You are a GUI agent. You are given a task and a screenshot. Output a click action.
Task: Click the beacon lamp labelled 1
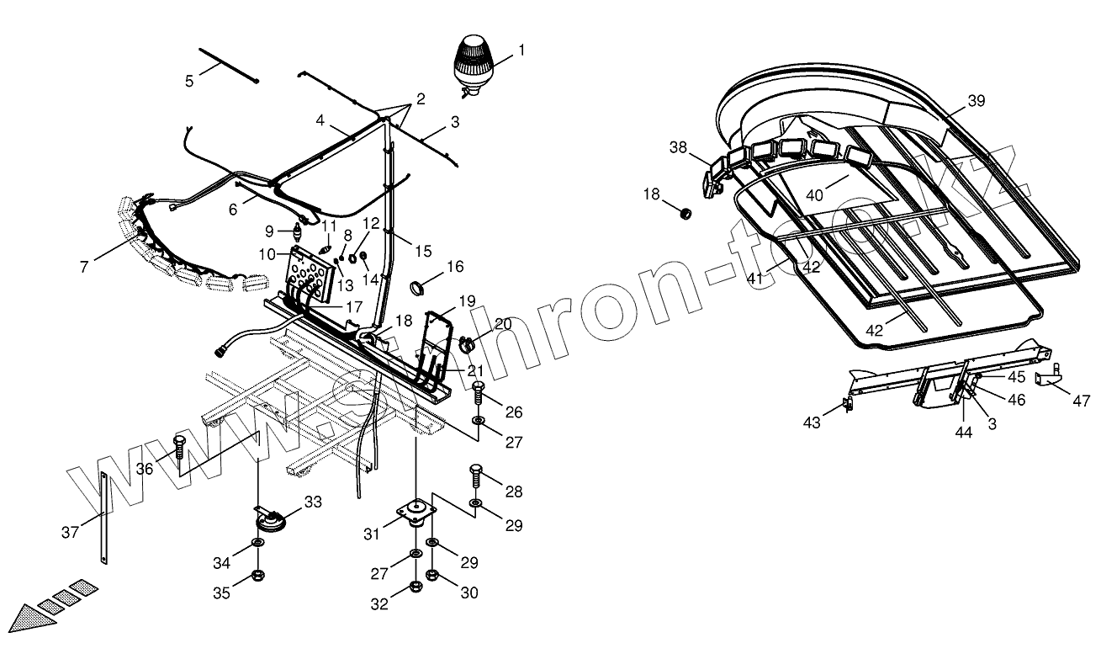473,62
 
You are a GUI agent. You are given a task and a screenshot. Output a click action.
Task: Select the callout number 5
190,81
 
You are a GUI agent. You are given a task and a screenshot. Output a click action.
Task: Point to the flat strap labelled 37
103,518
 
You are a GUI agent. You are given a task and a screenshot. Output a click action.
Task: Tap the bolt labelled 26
479,393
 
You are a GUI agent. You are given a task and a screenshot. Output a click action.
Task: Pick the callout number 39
976,101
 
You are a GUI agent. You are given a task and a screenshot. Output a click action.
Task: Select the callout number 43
812,423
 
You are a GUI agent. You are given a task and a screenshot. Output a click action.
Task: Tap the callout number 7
84,267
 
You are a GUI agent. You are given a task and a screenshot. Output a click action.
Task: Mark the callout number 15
423,251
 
